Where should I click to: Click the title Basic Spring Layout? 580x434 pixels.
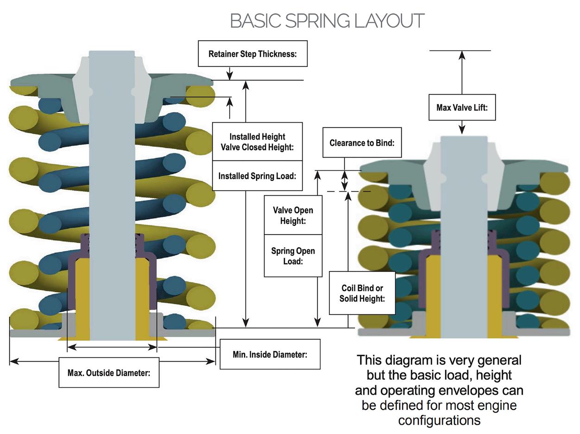[327, 21]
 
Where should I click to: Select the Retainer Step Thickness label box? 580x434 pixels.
[252, 54]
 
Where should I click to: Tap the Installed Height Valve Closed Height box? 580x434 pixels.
[257, 142]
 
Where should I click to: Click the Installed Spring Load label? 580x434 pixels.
[257, 176]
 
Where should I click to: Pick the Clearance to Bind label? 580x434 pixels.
[362, 143]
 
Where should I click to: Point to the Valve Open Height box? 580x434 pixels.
[293, 216]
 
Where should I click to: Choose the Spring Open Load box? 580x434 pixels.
[293, 256]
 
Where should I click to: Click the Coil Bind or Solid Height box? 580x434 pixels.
[362, 293]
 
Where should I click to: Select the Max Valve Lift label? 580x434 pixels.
[462, 108]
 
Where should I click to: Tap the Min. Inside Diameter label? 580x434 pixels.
[270, 355]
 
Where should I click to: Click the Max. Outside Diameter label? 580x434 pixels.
[109, 372]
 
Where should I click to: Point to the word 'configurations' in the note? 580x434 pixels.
[439, 421]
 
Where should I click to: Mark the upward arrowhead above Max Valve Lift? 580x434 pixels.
[462, 55]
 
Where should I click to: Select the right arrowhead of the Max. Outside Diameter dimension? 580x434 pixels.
[211, 361]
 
